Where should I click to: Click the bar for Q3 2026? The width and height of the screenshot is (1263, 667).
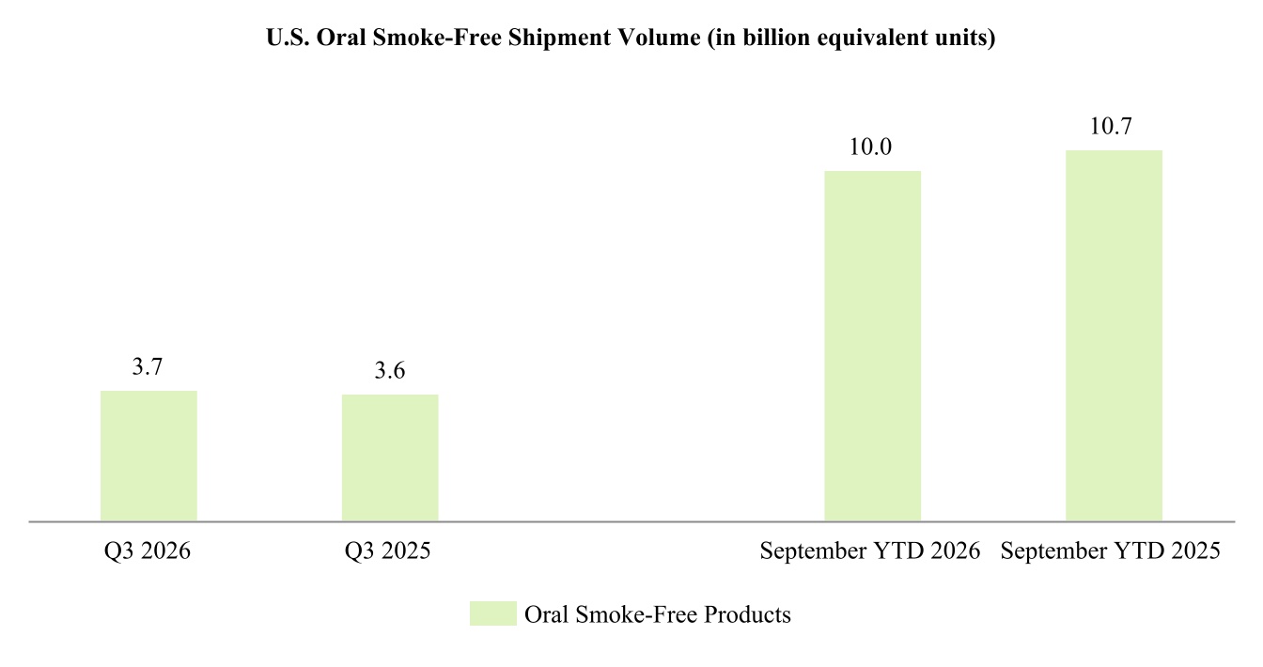148,456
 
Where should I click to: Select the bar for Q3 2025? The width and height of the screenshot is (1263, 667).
390,458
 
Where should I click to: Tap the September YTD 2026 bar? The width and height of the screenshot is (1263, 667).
873,346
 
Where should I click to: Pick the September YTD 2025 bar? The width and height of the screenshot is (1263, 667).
1115,335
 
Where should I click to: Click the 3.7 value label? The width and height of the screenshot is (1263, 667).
148,367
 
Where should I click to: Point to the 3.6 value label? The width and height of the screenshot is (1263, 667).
390,371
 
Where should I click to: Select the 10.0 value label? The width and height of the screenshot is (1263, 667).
870,147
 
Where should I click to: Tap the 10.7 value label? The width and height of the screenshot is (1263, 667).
1111,126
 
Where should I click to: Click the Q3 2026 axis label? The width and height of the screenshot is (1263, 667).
148,551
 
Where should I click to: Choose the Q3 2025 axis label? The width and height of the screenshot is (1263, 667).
388,551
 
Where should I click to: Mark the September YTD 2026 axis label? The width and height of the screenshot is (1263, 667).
870,551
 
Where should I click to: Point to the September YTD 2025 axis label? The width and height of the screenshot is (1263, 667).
1111,551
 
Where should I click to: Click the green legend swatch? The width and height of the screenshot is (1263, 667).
493,613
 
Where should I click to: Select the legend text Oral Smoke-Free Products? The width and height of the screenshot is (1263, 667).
658,614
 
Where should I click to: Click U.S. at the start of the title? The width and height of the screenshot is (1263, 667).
288,38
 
